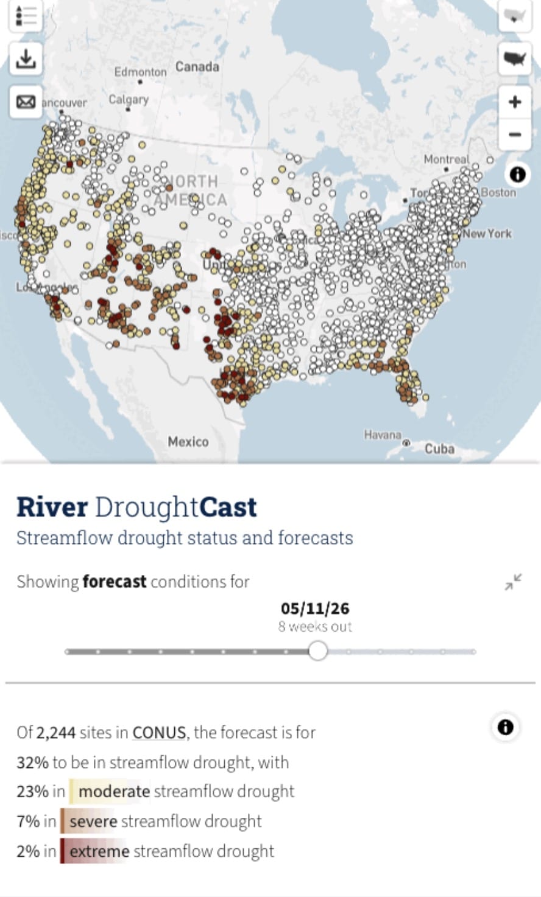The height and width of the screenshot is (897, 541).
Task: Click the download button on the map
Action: pyautogui.click(x=26, y=59)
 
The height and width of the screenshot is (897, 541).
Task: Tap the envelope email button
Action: pyautogui.click(x=26, y=102)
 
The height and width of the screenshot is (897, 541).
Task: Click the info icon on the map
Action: pyautogui.click(x=517, y=175)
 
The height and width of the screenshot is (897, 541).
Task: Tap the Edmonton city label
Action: pyautogui.click(x=140, y=72)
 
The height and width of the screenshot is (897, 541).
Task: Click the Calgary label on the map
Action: pyautogui.click(x=129, y=99)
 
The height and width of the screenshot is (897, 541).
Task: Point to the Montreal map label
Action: pyautogui.click(x=446, y=159)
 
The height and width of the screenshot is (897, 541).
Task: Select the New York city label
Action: pyautogui.click(x=487, y=234)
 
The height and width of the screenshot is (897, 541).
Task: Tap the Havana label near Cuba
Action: pyautogui.click(x=383, y=435)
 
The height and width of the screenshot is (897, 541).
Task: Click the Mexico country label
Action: pyautogui.click(x=188, y=442)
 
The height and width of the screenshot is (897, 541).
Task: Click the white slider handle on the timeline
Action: pyautogui.click(x=317, y=651)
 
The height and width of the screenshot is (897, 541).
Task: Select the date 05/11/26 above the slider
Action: pyautogui.click(x=315, y=608)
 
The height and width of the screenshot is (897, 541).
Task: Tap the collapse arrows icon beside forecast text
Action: pyautogui.click(x=513, y=582)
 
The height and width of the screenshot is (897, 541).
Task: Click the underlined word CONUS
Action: pyautogui.click(x=159, y=732)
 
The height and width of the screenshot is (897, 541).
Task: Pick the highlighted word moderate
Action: pyautogui.click(x=114, y=791)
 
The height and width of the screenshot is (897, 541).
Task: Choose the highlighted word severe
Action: pyautogui.click(x=93, y=822)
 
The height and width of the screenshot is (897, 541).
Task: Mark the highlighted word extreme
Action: pyautogui.click(x=99, y=851)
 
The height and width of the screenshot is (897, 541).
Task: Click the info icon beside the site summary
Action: pyautogui.click(x=505, y=727)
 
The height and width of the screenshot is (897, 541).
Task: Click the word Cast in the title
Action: pyautogui.click(x=228, y=507)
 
